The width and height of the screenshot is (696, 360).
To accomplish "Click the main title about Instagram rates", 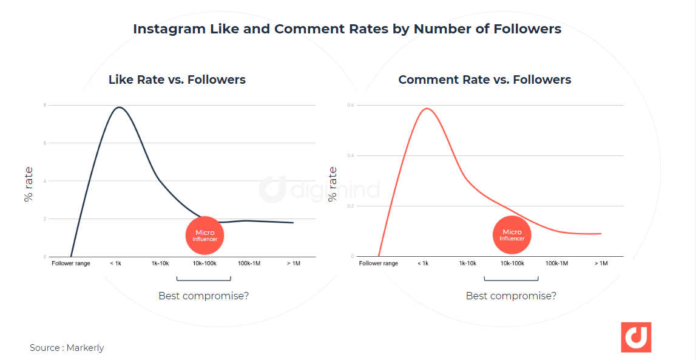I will pos(347,29).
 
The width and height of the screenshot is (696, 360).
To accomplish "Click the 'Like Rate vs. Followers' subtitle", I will pos(177,80).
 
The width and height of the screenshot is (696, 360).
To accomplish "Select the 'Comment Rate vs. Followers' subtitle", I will pos(484,80).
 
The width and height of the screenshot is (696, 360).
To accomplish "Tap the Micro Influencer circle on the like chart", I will pos(205,236).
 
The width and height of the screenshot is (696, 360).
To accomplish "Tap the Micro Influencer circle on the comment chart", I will pos(512,236).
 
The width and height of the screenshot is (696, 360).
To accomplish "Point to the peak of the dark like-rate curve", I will pos(119,107).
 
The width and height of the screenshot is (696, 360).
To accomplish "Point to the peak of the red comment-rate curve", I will pos(428,109).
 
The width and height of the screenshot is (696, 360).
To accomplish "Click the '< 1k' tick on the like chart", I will pos(115,263).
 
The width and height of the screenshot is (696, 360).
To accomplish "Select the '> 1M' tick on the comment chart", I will pos(600,263).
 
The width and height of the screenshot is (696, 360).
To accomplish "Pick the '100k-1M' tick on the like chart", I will pos(249,263).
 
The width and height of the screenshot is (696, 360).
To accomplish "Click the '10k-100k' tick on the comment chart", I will pos(512,263).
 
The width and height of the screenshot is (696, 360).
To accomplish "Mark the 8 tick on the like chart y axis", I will pos(44,105).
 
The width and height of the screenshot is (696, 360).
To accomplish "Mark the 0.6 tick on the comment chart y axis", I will pos(351,105).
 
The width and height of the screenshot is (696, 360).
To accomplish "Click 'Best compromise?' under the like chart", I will pos(203,296).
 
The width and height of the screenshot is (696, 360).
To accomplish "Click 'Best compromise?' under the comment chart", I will pos(511,296).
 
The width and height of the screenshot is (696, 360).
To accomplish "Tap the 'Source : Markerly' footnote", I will pos(67,348).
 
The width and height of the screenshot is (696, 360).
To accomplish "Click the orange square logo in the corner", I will pos(635,338).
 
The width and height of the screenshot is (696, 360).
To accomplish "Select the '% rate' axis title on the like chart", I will pos(29,184).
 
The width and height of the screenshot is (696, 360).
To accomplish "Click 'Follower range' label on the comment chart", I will pos(378,263).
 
